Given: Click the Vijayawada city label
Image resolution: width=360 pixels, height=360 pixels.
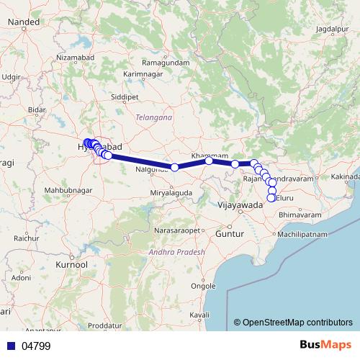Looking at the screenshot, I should [x=239, y=205].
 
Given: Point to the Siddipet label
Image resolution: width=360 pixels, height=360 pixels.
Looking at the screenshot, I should [x=125, y=95].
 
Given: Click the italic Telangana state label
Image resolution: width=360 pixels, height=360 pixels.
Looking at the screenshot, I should [x=152, y=116].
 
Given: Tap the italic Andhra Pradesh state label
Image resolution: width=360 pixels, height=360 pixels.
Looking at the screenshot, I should [x=176, y=253].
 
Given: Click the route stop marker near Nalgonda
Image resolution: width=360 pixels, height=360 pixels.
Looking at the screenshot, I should [x=175, y=167].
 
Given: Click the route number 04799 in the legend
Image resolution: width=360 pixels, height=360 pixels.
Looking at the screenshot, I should [x=36, y=346].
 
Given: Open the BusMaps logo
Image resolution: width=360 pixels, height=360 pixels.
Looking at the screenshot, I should [x=325, y=346].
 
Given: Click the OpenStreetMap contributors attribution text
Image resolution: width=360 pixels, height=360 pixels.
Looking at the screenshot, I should [x=293, y=322].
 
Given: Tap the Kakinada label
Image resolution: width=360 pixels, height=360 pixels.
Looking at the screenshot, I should [x=346, y=176].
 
